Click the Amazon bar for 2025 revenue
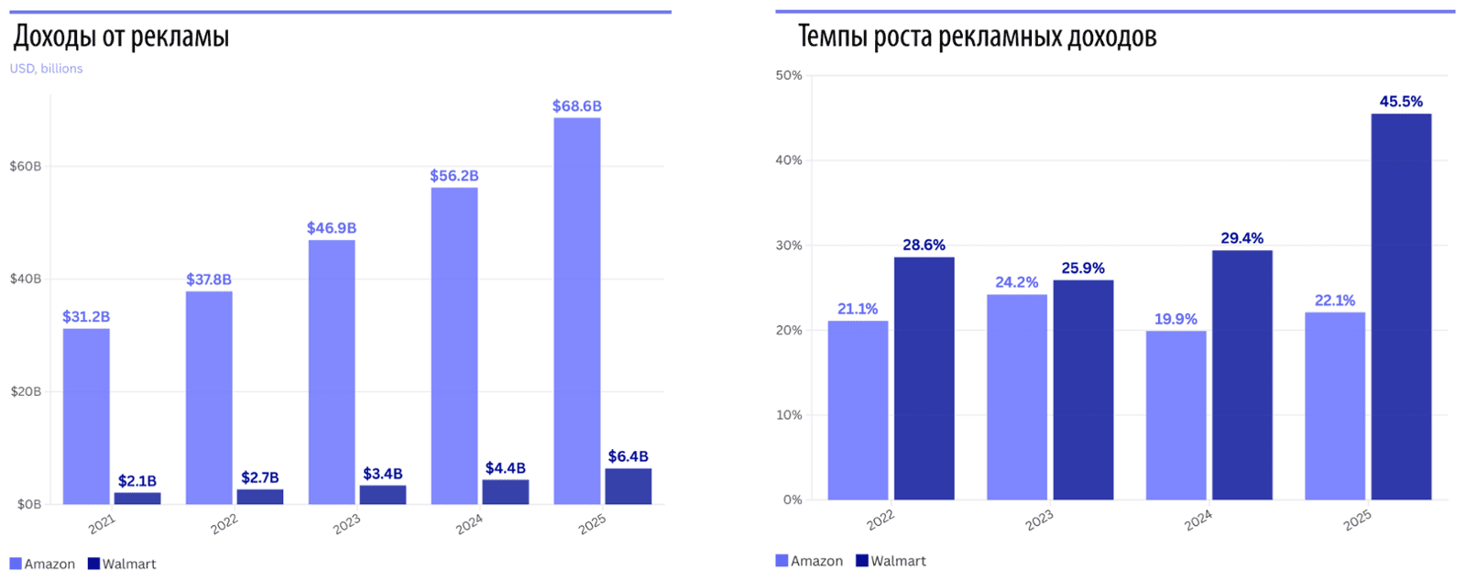coord(577,312)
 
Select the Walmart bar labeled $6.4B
coord(629,487)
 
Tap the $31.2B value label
coord(86,317)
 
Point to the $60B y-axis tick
coord(25,166)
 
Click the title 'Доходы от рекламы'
coord(121,37)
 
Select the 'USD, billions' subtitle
coord(46,69)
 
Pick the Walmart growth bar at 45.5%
coord(1401,307)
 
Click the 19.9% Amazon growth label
coord(1176,319)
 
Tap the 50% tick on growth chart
coord(788,75)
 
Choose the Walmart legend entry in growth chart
coord(890,561)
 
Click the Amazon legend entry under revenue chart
coord(42,564)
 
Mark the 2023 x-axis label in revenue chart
coord(346,524)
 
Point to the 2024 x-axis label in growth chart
coord(1198,520)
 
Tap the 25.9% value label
coord(1083,269)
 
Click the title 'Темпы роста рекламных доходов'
coord(977,37)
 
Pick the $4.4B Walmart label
coord(506,468)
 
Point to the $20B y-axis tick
coord(25,391)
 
